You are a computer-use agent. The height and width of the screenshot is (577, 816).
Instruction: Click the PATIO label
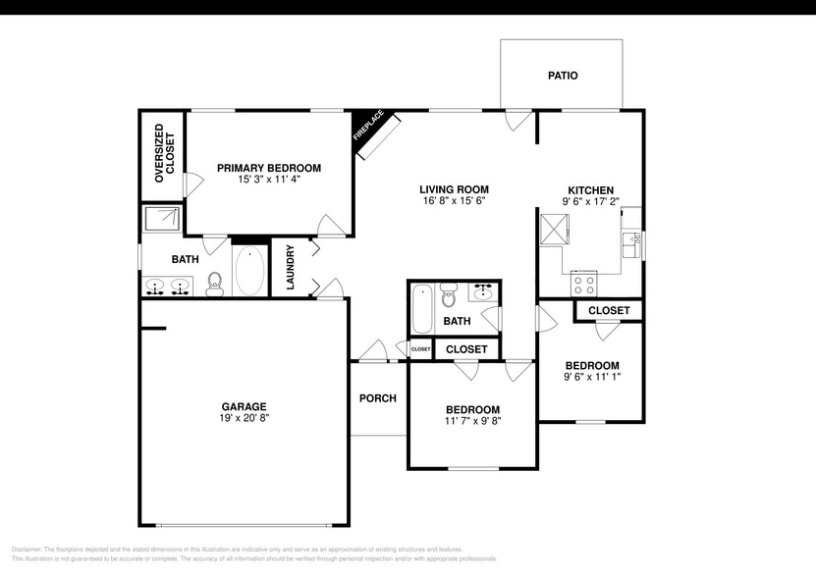pyautogui.click(x=563, y=76)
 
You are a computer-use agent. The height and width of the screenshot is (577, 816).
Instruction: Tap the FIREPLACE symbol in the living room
pyautogui.click(x=375, y=133)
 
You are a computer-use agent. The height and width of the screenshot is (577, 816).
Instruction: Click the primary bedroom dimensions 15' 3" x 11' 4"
pyautogui.click(x=269, y=181)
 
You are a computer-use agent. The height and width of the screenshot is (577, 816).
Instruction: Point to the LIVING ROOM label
pyautogui.click(x=454, y=189)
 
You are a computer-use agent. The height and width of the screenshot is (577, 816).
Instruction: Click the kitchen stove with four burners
pyautogui.click(x=585, y=285)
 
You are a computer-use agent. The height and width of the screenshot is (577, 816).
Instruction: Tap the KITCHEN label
pyautogui.click(x=590, y=190)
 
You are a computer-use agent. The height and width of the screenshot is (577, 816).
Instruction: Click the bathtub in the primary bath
pyautogui.click(x=249, y=272)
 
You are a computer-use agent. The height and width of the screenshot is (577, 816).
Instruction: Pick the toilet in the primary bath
pyautogui.click(x=215, y=284)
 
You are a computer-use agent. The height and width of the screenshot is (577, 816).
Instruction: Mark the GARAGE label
pyautogui.click(x=244, y=406)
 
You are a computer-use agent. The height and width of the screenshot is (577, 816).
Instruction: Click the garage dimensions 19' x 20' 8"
pyautogui.click(x=244, y=418)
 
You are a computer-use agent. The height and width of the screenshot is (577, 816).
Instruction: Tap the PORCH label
pyautogui.click(x=378, y=398)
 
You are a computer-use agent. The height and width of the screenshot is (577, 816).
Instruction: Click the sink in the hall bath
pyautogui.click(x=482, y=292)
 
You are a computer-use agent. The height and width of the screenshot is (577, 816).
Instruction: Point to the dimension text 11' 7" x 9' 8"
pyautogui.click(x=472, y=422)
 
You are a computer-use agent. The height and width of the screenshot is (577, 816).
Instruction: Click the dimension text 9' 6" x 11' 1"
pyautogui.click(x=592, y=377)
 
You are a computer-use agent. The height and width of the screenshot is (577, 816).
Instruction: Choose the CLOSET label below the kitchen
pyautogui.click(x=609, y=311)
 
